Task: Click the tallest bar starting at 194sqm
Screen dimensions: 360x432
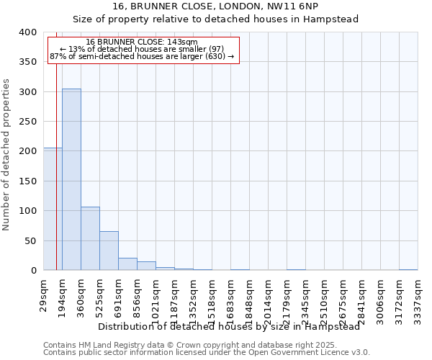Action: coord(71,179)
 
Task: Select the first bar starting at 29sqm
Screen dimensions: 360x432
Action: coord(53,209)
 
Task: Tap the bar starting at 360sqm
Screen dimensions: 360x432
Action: coord(90,238)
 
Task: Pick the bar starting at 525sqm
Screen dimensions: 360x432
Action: coord(109,251)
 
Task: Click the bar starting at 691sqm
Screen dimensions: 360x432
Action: coord(127,264)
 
